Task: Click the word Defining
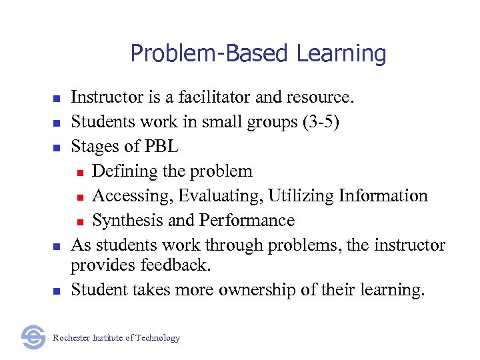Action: (x=125, y=171)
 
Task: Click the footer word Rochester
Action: (x=71, y=338)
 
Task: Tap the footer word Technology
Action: (x=157, y=338)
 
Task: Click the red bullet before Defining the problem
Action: (x=80, y=173)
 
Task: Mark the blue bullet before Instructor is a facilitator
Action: (x=57, y=99)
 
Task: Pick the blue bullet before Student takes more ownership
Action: (x=57, y=291)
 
